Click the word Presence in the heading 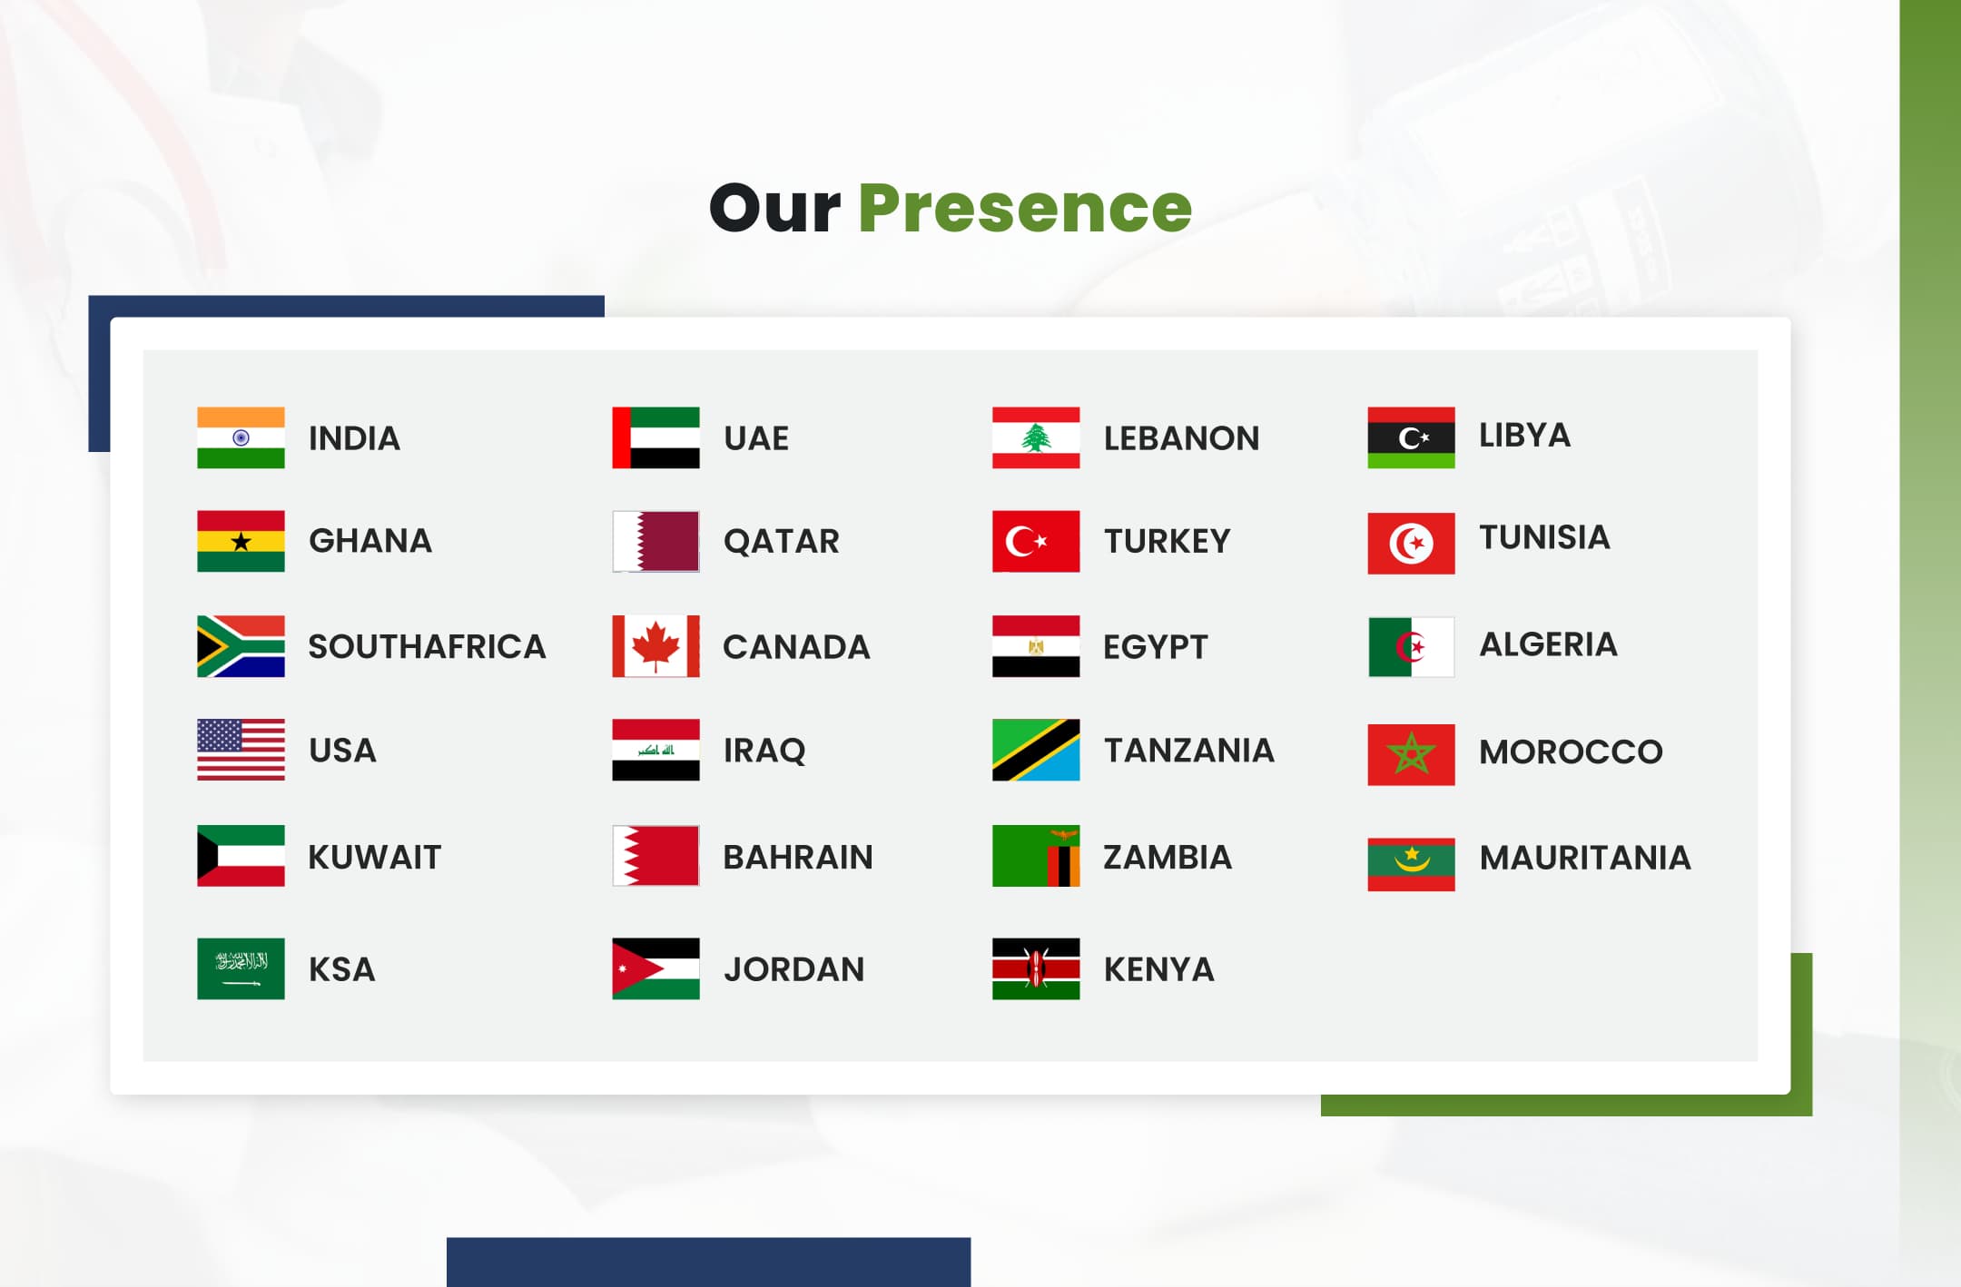[1025, 209]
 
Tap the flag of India [241, 437]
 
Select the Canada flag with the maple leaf [655, 646]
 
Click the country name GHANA [370, 541]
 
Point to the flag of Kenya [1036, 968]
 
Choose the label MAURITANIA [1585, 858]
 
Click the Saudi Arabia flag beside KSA [241, 968]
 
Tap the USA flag [241, 750]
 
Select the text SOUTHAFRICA [427, 646]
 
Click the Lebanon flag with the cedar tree [1036, 437]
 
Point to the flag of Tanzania [1036, 750]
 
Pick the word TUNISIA [1544, 537]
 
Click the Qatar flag [655, 541]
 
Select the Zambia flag [1036, 855]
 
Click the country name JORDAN [794, 969]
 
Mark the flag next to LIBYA [1411, 437]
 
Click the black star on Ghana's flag [241, 542]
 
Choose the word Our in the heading [774, 209]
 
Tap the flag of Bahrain [655, 855]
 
